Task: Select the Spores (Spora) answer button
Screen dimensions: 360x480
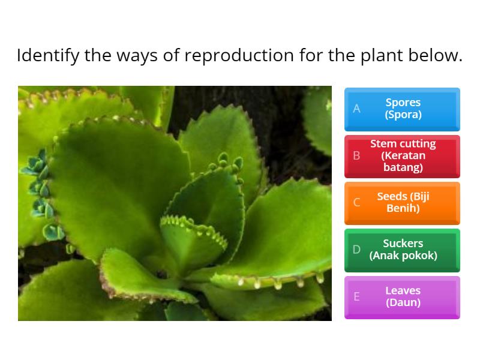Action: click(x=402, y=109)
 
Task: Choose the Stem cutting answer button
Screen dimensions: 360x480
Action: click(x=402, y=155)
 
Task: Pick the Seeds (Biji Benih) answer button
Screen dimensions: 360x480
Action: click(x=402, y=202)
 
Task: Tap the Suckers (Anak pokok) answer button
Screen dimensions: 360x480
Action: click(x=402, y=250)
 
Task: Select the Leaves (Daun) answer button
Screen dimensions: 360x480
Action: click(x=402, y=296)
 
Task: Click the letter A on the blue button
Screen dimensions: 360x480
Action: click(x=356, y=109)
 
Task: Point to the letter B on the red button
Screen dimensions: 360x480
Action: click(x=356, y=155)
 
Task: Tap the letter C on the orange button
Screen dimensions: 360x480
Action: click(x=356, y=202)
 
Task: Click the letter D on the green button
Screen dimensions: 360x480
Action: click(x=356, y=250)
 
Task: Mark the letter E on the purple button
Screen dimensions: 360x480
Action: click(x=356, y=296)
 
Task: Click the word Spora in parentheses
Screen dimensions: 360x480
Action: click(x=403, y=115)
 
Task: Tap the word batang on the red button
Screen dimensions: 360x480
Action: click(x=403, y=167)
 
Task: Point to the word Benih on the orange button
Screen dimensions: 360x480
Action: click(x=403, y=209)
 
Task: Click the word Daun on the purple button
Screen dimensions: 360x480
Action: click(x=403, y=302)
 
